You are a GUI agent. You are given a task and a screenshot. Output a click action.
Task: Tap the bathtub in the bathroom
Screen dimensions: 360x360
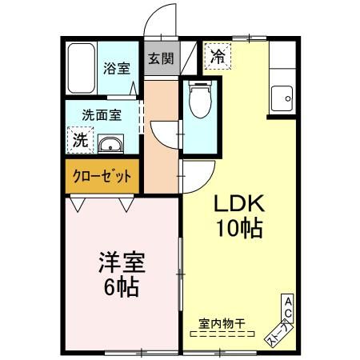pos(80,69)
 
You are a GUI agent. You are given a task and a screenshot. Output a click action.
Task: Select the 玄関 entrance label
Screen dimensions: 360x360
pos(160,58)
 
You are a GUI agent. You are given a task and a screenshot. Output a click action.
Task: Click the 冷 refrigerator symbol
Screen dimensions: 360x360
pos(217,55)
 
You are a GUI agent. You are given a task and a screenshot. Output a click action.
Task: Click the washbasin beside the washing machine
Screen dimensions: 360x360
pos(110,145)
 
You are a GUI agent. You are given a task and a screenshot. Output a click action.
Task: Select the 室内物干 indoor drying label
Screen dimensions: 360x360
pos(222,323)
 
